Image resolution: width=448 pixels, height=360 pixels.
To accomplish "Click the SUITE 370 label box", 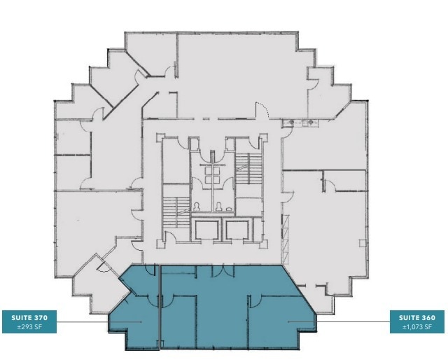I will [x=29, y=321].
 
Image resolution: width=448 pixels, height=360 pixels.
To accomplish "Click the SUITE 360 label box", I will [x=419, y=321].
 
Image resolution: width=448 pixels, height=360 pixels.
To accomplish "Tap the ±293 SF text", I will [x=29, y=326].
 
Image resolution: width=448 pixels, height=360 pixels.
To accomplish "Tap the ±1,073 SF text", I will [x=419, y=326].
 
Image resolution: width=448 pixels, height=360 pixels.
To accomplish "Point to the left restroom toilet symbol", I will [x=198, y=207].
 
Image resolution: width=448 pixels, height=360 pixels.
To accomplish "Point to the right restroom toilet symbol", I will [x=220, y=207].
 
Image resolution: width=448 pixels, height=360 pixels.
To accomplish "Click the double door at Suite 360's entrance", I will [x=219, y=270].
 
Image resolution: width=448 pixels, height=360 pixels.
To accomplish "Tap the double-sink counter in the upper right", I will [x=302, y=123].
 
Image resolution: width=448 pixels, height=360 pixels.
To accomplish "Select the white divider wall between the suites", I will [x=161, y=308].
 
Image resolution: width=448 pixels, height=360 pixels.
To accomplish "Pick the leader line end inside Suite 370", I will [x=142, y=322].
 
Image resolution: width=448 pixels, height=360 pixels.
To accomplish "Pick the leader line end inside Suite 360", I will [x=288, y=322].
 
